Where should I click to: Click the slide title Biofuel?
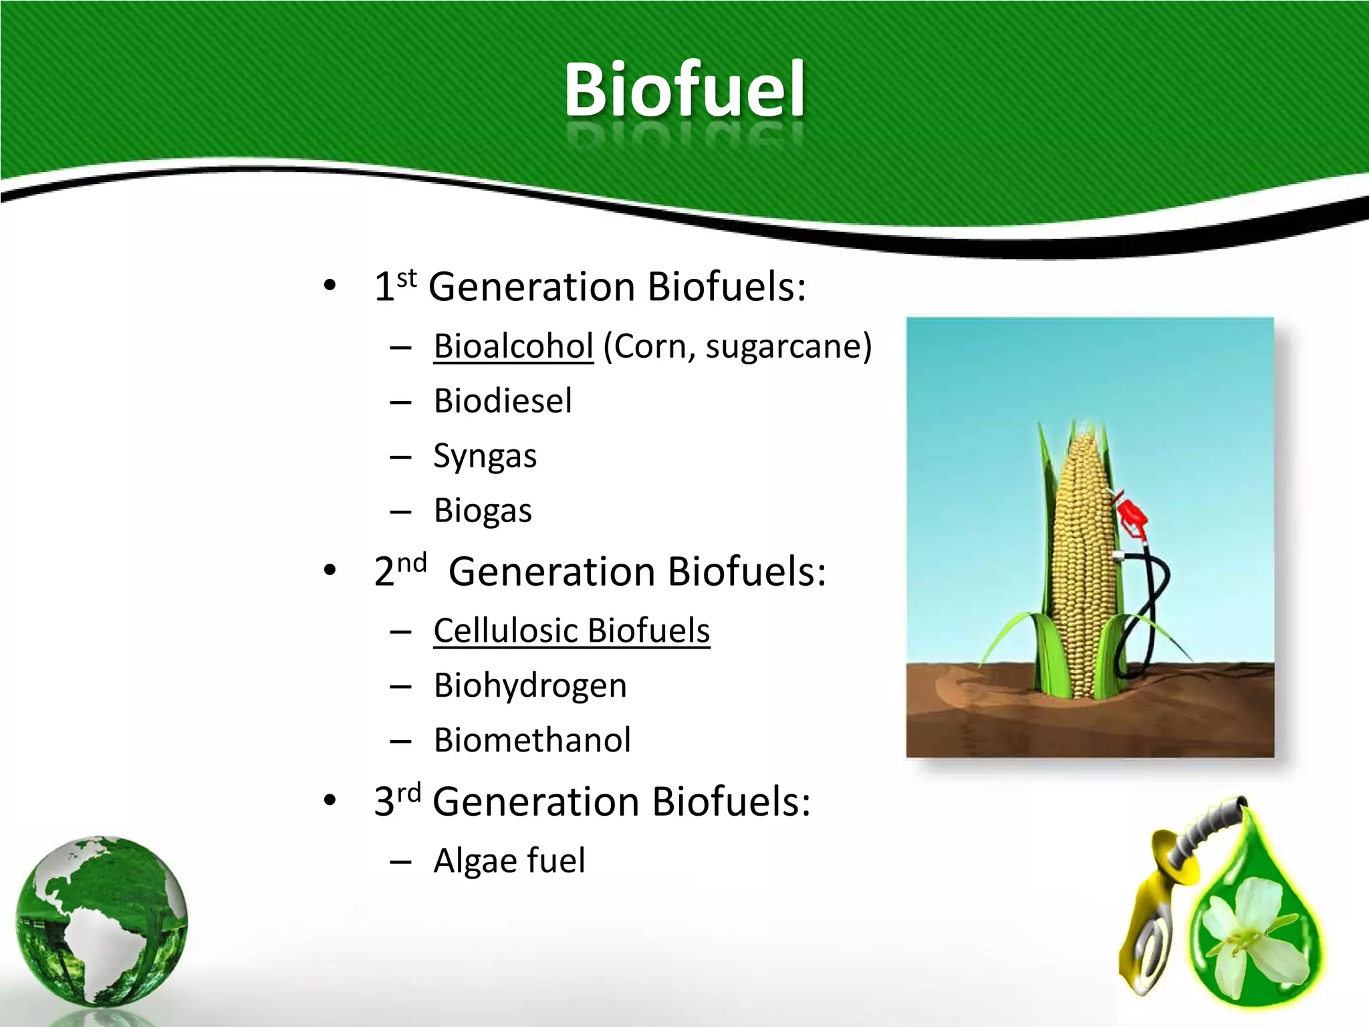(x=684, y=90)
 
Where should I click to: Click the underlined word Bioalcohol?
(x=513, y=346)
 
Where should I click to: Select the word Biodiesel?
(x=503, y=401)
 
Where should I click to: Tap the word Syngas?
(x=485, y=457)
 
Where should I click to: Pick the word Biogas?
(x=483, y=511)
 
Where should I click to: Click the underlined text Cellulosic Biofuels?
(x=572, y=631)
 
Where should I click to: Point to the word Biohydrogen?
(x=530, y=686)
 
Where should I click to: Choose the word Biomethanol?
(x=532, y=740)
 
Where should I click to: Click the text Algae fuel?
(x=509, y=861)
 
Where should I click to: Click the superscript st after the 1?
(x=406, y=277)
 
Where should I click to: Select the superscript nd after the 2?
(x=412, y=563)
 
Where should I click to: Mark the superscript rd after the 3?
(x=409, y=793)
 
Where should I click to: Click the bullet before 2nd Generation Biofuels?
(x=329, y=572)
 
